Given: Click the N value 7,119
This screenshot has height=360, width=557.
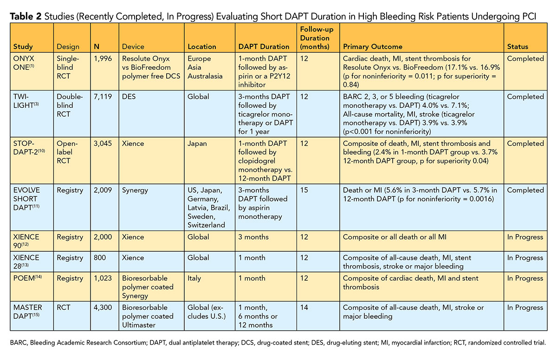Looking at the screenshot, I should coord(103,97).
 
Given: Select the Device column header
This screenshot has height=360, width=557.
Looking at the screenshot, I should coord(133,46).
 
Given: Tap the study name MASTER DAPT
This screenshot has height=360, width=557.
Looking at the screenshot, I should coord(27,312).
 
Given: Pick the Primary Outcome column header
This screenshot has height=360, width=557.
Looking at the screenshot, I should coord(372,46).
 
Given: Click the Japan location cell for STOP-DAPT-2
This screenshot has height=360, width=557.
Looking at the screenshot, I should coord(197,144).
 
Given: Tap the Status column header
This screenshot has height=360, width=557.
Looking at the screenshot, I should coord(518,46).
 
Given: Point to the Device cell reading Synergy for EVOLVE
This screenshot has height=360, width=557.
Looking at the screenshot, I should coord(135,190).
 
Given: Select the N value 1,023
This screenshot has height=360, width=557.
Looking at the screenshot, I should coord(103,278).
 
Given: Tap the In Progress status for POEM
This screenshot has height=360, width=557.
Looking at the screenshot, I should coord(525,278).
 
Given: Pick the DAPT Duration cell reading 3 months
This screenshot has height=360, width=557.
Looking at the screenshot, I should coord(256,237).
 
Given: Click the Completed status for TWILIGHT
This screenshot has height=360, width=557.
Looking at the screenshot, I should coord(525,97).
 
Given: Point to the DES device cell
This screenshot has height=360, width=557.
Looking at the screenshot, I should coord(129,97).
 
